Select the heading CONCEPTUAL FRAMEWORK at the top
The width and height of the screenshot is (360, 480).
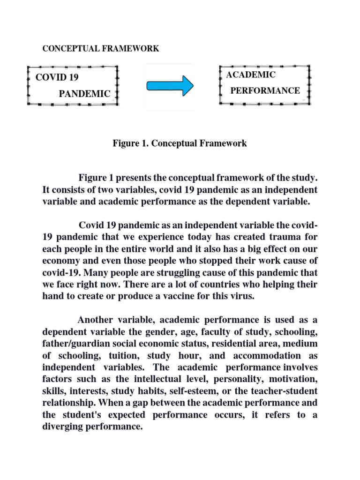click(101, 49)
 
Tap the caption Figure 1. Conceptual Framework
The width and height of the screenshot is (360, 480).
click(180, 143)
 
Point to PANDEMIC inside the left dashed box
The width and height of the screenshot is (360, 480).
click(84, 94)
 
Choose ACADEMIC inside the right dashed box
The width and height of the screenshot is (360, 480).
click(251, 75)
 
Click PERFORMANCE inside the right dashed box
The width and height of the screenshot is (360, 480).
click(265, 90)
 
